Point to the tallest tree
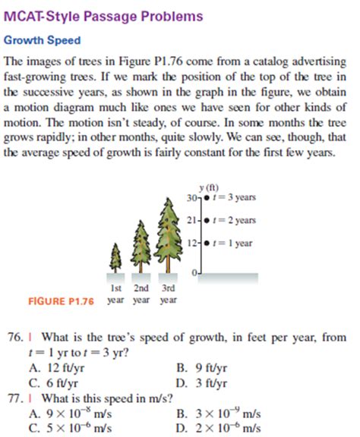169,231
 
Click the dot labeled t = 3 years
207,196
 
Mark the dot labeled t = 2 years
207,220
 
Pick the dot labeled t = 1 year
207,244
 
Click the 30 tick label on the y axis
195,196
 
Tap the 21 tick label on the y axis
195,220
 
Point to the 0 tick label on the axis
196,272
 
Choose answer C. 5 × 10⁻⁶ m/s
72,426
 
